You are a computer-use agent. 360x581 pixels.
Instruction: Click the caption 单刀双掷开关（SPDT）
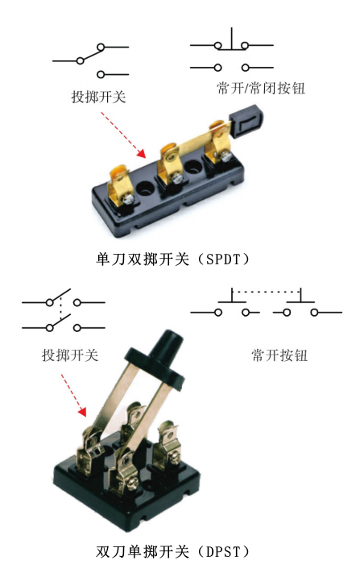(173, 259)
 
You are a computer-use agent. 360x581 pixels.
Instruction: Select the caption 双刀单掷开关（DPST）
(173, 552)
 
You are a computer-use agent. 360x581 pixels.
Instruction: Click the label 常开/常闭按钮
(261, 88)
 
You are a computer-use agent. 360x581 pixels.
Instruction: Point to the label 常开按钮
(279, 355)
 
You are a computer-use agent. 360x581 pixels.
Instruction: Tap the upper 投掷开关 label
(98, 97)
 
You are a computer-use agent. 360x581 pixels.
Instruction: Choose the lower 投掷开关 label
(70, 355)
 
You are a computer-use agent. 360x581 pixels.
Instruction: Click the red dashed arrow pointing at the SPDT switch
(122, 135)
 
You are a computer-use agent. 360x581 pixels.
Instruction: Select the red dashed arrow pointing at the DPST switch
(73, 395)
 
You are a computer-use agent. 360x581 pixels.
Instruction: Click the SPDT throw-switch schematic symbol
(91, 60)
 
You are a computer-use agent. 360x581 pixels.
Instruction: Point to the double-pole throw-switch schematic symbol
(64, 310)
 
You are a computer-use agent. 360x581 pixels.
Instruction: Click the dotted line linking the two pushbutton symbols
(267, 292)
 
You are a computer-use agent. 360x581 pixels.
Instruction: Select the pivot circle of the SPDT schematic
(81, 60)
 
